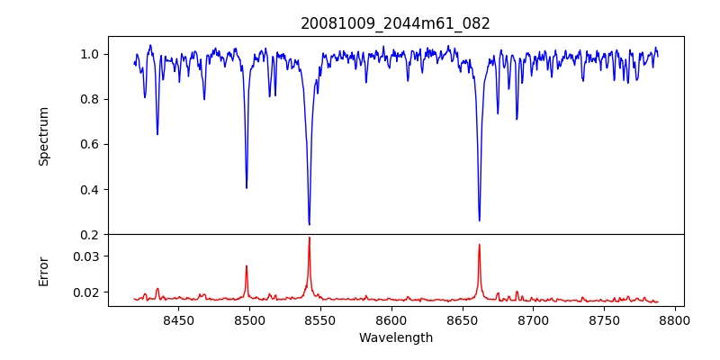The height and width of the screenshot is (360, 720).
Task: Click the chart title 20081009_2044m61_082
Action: coord(395,23)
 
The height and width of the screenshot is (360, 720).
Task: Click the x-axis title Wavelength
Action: coord(395,337)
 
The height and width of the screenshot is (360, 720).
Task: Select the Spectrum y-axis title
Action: coord(44,136)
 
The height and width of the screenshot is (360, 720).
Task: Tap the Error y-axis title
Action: coord(44,270)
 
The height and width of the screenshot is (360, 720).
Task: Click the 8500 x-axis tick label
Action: coord(249,319)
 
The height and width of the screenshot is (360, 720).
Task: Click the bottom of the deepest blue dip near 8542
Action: coord(309,224)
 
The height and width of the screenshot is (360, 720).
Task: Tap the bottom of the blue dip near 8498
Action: coord(247,187)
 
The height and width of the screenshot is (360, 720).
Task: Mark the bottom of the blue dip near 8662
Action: coord(479,220)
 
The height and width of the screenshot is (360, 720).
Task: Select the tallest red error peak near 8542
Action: coord(309,238)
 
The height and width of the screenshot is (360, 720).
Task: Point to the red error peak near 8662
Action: coord(479,245)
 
